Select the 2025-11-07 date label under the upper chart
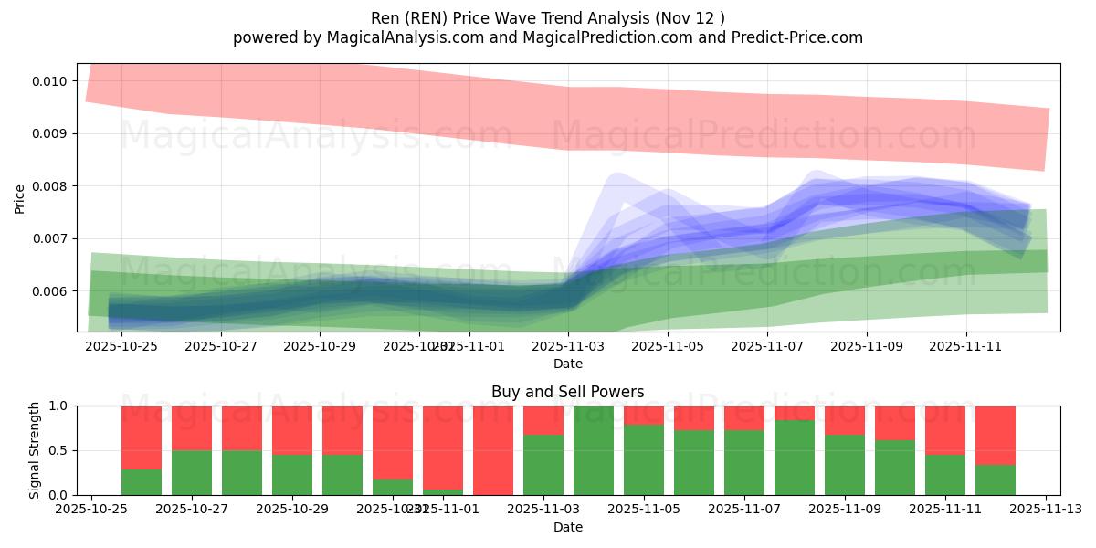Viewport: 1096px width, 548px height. click(x=768, y=347)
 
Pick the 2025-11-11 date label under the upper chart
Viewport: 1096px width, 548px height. click(x=967, y=347)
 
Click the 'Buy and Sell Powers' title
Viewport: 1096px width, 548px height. click(x=567, y=392)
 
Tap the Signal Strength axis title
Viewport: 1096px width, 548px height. click(x=34, y=450)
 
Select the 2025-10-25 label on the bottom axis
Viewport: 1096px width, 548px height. click(x=90, y=510)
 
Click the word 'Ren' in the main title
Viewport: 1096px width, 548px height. click(x=385, y=18)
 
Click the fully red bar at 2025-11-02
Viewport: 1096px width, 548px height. click(x=493, y=450)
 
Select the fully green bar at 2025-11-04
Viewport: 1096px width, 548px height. click(x=594, y=450)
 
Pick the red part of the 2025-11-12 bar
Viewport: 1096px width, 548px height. click(x=996, y=434)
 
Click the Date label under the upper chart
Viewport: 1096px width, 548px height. click(x=567, y=364)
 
